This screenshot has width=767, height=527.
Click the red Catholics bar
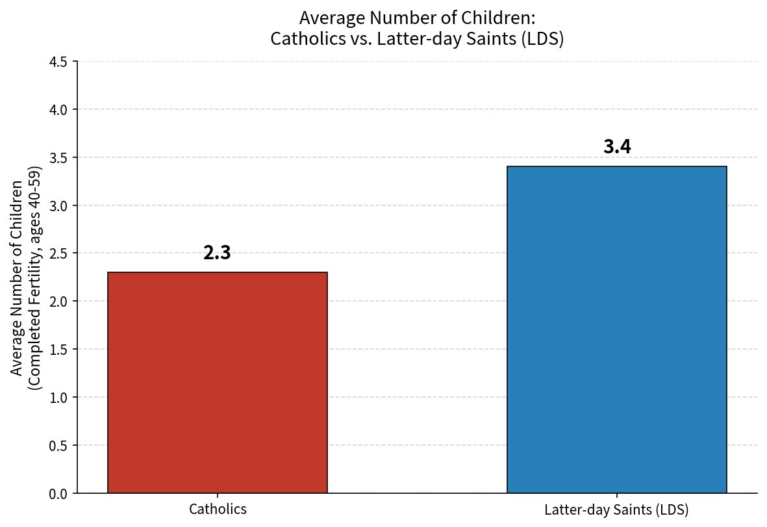click(x=217, y=382)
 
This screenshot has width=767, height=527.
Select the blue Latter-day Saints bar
click(x=617, y=329)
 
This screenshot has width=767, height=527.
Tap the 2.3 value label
click(x=217, y=253)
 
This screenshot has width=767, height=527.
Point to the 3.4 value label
click(x=617, y=147)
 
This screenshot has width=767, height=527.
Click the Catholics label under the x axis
click(x=218, y=509)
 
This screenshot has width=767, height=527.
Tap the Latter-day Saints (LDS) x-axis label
click(x=616, y=510)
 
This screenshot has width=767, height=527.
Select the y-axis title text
click(x=26, y=278)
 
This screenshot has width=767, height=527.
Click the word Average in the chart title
click(x=333, y=18)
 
